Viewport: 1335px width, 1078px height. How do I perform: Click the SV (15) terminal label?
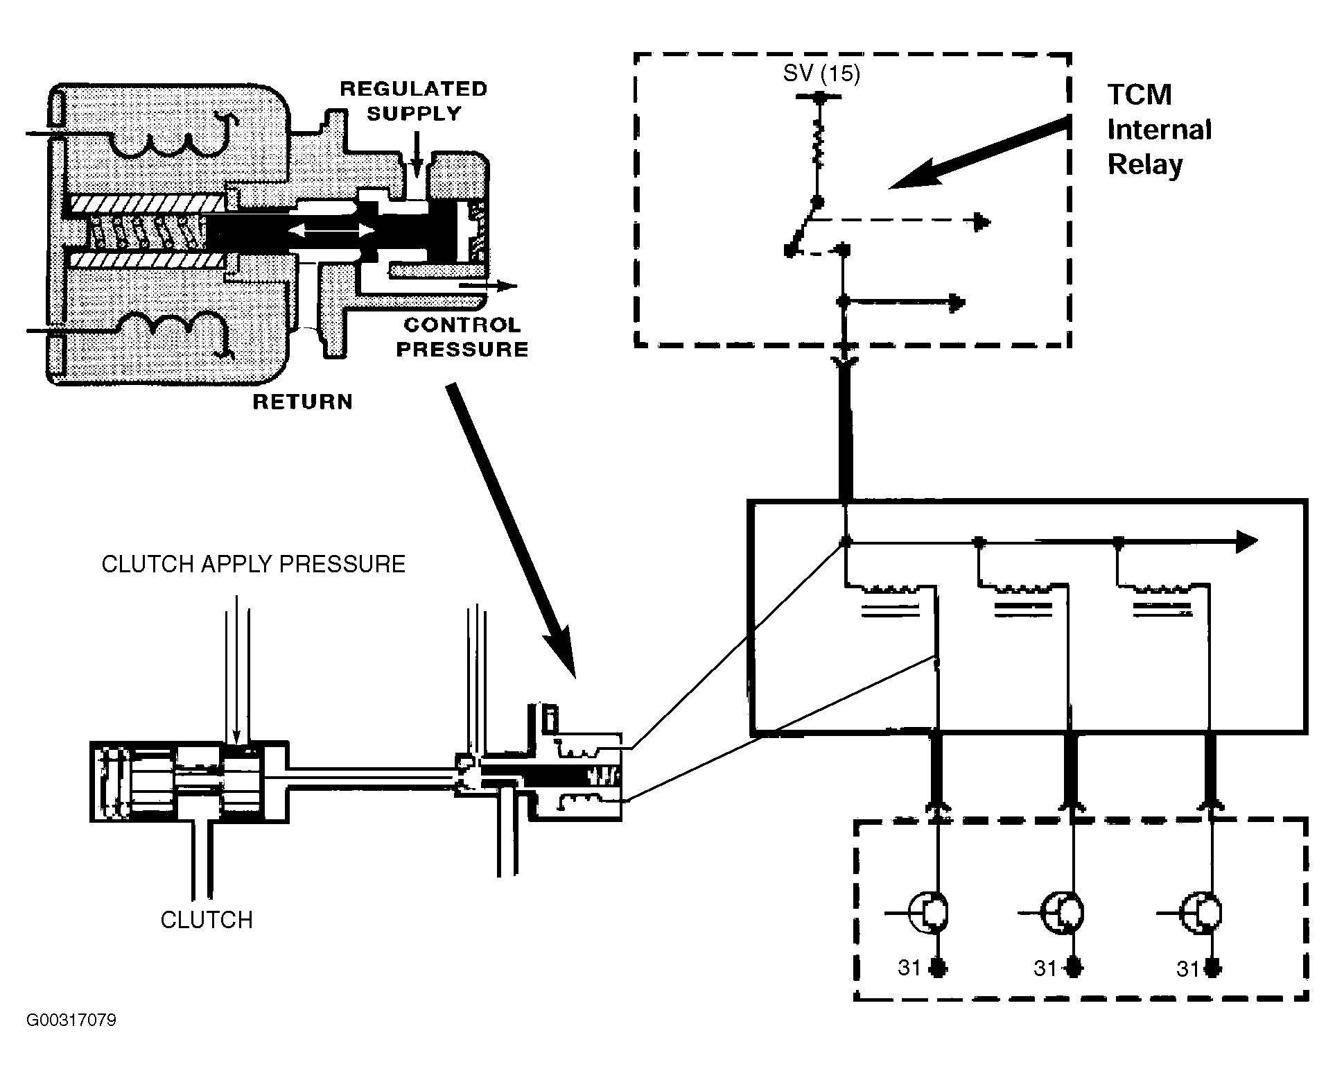click(x=821, y=73)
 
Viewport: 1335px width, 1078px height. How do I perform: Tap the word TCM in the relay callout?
click(x=1140, y=95)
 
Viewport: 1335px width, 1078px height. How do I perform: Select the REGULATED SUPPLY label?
click(x=414, y=101)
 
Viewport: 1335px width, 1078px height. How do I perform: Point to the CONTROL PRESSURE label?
click(x=462, y=336)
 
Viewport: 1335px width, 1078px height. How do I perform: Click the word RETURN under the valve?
click(x=303, y=402)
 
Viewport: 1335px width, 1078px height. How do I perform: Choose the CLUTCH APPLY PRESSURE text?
click(x=254, y=564)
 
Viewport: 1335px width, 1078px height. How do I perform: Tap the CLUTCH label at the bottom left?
click(x=207, y=920)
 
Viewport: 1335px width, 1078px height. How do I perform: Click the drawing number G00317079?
click(x=71, y=1020)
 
